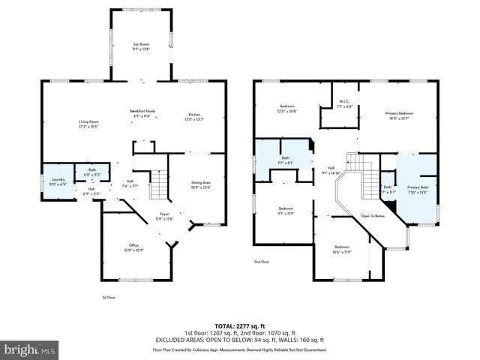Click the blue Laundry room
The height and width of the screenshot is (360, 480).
(x=58, y=181)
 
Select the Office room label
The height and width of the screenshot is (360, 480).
(x=133, y=247)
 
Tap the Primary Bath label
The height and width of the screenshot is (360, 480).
(x=417, y=188)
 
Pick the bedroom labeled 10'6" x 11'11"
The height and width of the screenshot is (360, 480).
(x=342, y=249)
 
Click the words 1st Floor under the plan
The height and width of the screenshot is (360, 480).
(x=108, y=297)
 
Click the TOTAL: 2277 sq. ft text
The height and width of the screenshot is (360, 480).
(x=240, y=325)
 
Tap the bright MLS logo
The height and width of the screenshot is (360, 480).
(x=30, y=349)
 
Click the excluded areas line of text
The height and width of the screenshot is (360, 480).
(x=240, y=340)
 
